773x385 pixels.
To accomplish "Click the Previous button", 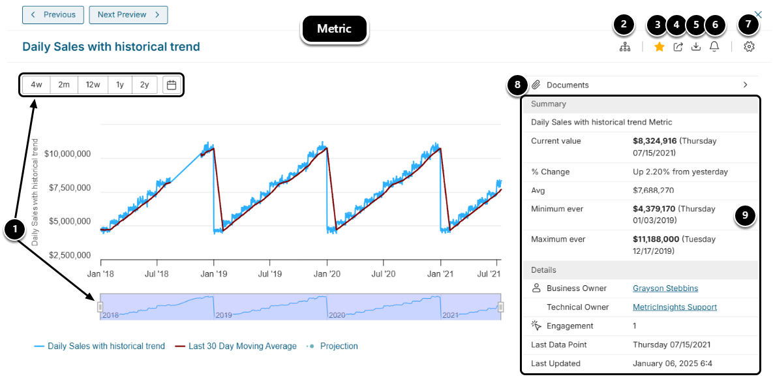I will click(x=53, y=14).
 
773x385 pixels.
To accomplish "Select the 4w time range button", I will click(x=37, y=85).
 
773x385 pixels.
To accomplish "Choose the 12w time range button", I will click(x=93, y=85).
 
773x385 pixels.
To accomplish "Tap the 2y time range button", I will click(x=144, y=85).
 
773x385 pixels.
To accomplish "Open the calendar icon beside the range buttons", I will click(x=172, y=85).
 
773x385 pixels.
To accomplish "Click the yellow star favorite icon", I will click(x=659, y=47).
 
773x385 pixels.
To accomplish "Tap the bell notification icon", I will click(x=714, y=47).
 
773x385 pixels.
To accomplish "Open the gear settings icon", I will click(x=749, y=47).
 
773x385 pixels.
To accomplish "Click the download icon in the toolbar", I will click(x=696, y=47).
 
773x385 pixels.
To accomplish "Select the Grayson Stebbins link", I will click(x=665, y=288).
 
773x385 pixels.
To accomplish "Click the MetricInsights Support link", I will click(x=674, y=307).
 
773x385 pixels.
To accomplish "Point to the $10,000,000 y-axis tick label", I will click(x=67, y=154).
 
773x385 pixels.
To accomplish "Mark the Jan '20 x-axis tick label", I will click(x=326, y=275).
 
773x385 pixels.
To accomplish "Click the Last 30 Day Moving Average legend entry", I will click(x=242, y=346).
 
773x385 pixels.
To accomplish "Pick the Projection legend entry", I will click(x=339, y=346).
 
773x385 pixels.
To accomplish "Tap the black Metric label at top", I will click(x=334, y=29).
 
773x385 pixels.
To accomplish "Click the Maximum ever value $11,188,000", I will click(x=656, y=239).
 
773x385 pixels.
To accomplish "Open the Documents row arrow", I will click(x=745, y=85).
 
